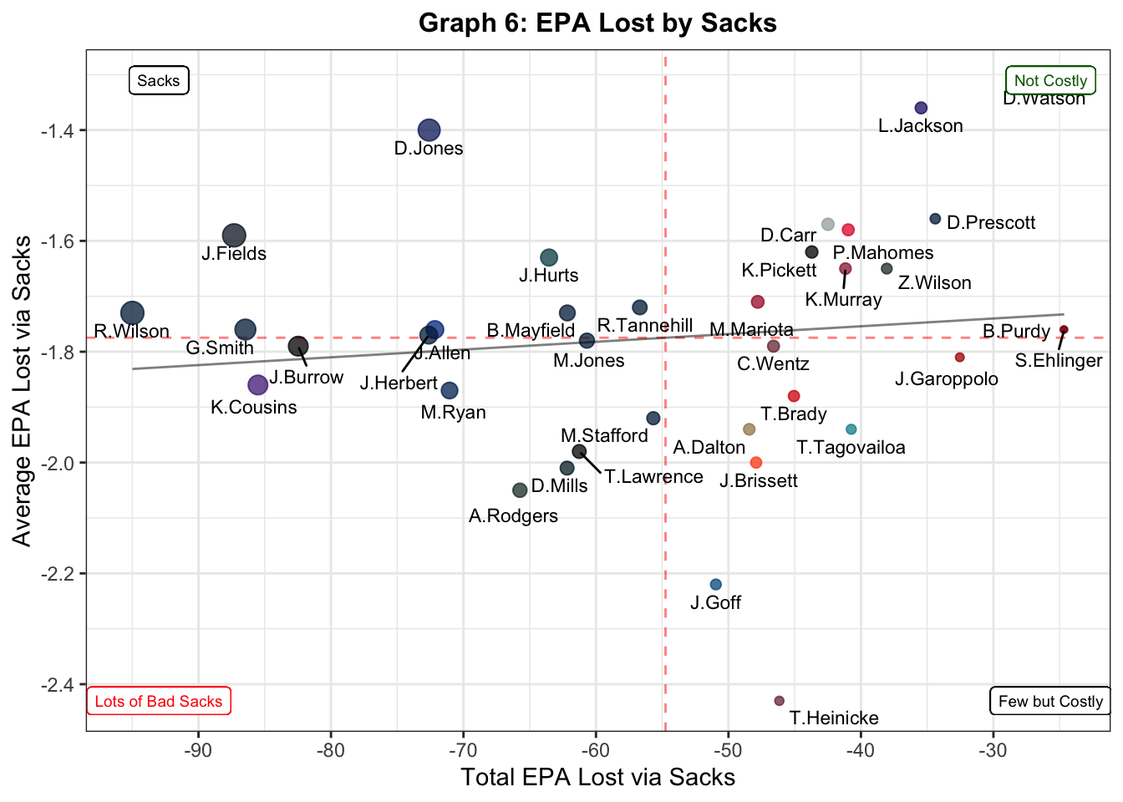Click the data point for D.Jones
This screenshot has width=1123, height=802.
(x=429, y=130)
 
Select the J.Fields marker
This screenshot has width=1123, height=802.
(x=234, y=236)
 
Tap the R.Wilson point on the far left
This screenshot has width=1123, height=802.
(x=132, y=313)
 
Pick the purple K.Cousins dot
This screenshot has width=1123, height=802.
(x=258, y=385)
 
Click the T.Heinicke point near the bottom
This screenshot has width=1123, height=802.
(x=780, y=701)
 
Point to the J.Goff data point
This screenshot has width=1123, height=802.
(x=715, y=585)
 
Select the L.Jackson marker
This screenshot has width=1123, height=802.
(x=921, y=108)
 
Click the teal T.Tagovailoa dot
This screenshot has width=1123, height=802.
(x=851, y=429)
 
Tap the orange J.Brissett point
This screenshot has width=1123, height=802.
(x=756, y=463)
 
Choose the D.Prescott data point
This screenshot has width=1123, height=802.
(x=935, y=219)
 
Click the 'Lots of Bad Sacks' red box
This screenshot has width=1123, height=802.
(x=159, y=701)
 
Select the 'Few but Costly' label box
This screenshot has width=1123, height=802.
(x=1049, y=701)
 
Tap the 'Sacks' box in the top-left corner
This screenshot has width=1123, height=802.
(x=159, y=81)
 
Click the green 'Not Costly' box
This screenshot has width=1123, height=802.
(x=1050, y=81)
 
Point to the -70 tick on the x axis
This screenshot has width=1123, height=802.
(x=464, y=749)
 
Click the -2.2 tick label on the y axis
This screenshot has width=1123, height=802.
(x=58, y=574)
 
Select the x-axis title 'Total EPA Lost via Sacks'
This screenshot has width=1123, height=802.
(x=597, y=778)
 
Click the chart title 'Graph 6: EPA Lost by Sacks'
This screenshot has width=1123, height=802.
(x=597, y=23)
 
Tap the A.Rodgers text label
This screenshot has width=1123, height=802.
(x=513, y=516)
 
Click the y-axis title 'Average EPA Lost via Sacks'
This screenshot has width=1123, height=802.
(x=23, y=391)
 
